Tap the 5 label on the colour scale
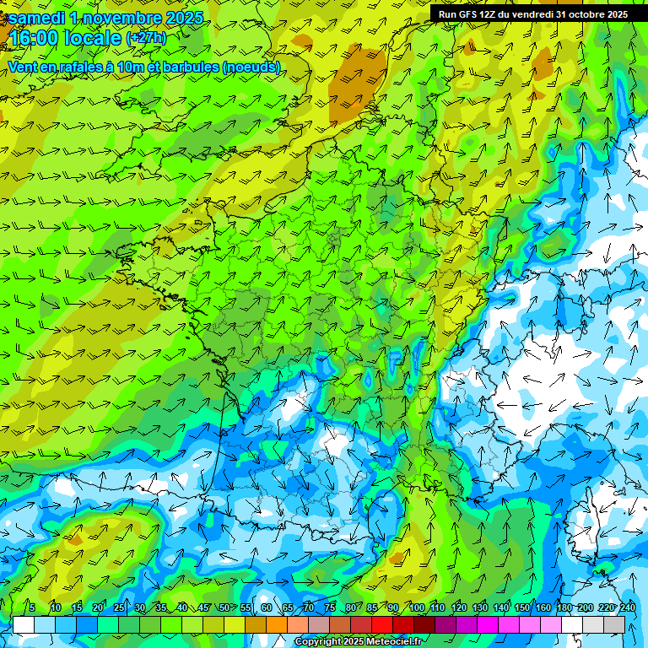click(32, 607)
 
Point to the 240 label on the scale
click(627, 607)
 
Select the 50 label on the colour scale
click(224, 607)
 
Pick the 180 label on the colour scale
click(563, 607)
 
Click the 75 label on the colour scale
click(329, 607)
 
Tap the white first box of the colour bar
click(23, 624)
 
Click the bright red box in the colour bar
click(382, 624)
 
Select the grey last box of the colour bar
click(614, 624)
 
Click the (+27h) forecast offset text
click(146, 38)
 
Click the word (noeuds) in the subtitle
click(251, 67)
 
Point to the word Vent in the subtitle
click(24, 67)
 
